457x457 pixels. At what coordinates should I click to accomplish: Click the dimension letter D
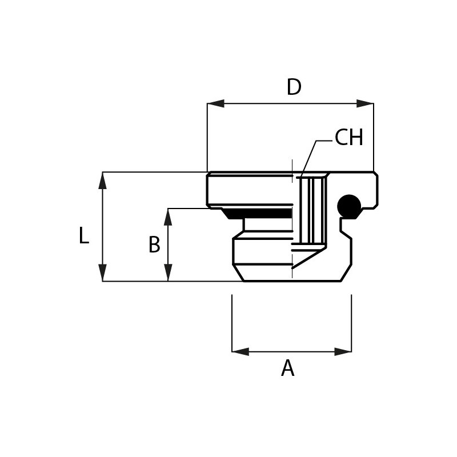(294, 87)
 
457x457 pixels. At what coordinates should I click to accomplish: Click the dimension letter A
(288, 368)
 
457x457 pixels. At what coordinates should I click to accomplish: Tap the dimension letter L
(84, 235)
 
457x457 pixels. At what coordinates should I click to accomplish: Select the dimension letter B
(154, 244)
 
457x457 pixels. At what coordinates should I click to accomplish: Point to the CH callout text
(349, 137)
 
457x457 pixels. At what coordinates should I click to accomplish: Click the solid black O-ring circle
(349, 206)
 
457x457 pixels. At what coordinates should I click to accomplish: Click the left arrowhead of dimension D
(216, 103)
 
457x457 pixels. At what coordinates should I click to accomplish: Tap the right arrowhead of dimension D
(365, 103)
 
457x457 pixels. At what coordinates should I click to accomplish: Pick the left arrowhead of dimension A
(240, 351)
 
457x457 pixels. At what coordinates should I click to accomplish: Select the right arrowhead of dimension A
(343, 351)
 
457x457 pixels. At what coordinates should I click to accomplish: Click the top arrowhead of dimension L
(103, 181)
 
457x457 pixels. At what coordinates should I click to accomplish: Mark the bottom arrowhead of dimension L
(103, 273)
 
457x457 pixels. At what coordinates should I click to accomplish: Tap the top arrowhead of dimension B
(168, 217)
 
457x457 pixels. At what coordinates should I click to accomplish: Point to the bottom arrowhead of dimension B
(168, 273)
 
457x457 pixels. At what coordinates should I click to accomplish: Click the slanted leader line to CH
(308, 159)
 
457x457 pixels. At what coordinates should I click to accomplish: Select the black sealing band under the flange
(257, 214)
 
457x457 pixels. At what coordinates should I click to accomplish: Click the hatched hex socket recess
(312, 210)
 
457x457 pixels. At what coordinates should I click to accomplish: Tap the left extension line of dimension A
(232, 323)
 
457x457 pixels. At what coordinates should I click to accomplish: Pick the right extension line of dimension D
(374, 137)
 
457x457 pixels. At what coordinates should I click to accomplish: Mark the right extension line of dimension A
(351, 323)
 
